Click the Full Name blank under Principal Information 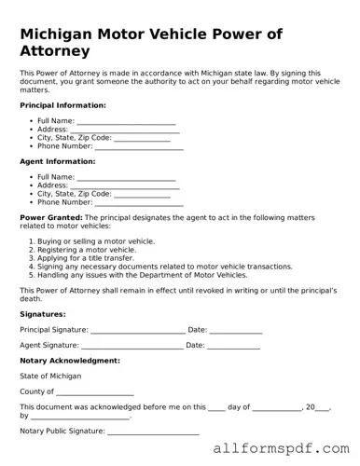(x=126, y=121)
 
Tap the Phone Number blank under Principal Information (x=139, y=146)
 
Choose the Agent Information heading (x=56, y=161)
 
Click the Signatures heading (x=43, y=314)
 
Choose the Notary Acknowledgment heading (x=70, y=361)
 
